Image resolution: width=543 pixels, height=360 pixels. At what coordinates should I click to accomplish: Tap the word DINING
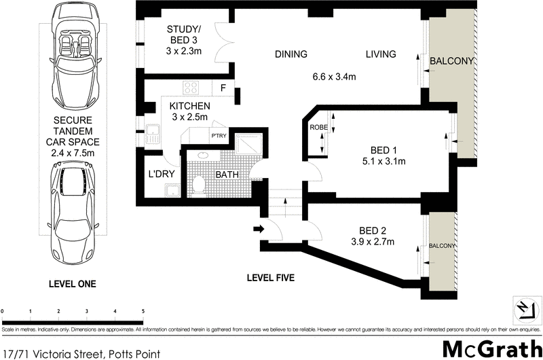(291, 55)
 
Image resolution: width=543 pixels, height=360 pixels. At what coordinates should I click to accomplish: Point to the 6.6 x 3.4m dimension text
(333, 77)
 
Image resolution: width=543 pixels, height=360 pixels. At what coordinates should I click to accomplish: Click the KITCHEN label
(189, 106)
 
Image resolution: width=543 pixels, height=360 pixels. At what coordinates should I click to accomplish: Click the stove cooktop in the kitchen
(191, 88)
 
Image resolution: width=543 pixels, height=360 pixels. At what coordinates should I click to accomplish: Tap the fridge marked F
(223, 88)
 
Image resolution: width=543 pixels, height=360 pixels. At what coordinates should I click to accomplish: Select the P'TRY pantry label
(219, 136)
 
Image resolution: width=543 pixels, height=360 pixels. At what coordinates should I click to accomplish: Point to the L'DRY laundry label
(162, 175)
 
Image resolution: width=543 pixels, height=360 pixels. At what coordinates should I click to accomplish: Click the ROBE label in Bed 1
(318, 127)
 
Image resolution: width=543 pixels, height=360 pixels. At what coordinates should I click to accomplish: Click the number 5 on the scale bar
(143, 311)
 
